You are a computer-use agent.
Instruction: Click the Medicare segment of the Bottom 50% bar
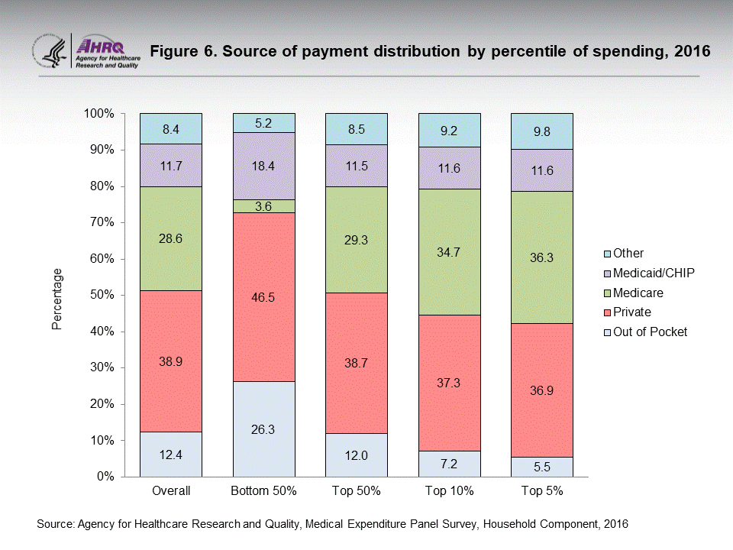click(263, 206)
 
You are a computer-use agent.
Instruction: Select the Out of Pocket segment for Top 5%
click(542, 467)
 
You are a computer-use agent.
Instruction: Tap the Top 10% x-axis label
click(450, 491)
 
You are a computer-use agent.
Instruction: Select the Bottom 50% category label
click(263, 491)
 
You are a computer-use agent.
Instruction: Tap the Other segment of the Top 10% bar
click(450, 130)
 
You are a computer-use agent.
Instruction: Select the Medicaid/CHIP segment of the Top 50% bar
click(357, 166)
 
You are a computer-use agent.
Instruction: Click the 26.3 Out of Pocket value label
click(263, 429)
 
